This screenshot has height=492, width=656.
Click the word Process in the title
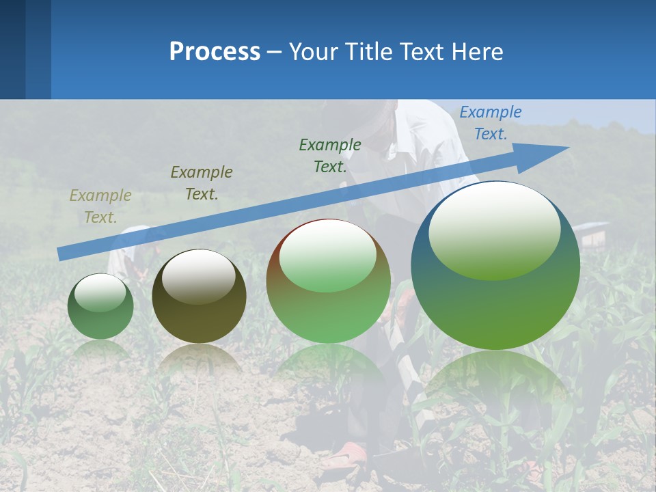[x=215, y=51]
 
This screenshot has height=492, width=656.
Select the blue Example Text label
[x=490, y=123]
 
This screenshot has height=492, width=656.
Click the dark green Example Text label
[x=329, y=155]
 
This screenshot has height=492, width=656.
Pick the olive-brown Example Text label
[x=201, y=182]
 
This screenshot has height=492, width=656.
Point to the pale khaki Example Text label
[x=100, y=206]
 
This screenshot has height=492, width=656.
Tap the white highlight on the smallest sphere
[x=100, y=292]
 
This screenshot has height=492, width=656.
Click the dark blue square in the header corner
[x=12, y=49]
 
